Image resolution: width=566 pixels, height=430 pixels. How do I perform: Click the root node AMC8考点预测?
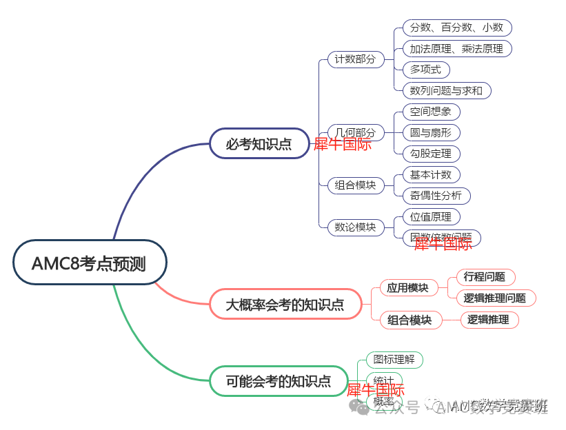click(90, 262)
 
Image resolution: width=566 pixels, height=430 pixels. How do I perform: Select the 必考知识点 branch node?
click(259, 143)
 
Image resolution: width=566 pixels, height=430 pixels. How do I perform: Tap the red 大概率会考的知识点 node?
click(285, 304)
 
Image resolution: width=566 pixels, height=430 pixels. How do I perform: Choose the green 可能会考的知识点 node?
click(279, 380)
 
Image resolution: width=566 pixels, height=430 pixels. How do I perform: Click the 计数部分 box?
click(355, 59)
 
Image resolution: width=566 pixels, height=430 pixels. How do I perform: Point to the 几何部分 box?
click(355, 132)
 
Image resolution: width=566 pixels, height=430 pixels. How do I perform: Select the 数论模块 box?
click(355, 227)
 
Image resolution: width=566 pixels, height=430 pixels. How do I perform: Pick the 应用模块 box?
click(407, 287)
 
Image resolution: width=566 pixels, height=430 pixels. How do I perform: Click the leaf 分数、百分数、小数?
click(456, 28)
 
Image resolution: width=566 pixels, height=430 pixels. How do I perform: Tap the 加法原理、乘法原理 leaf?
click(456, 48)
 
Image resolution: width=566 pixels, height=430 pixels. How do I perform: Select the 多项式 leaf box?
click(425, 69)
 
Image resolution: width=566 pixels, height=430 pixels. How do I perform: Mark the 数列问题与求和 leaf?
click(446, 90)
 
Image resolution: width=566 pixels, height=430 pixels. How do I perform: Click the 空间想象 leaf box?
click(431, 112)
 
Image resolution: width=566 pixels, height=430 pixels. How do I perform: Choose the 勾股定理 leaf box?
click(431, 154)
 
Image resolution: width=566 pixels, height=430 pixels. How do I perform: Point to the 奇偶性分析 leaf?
click(436, 195)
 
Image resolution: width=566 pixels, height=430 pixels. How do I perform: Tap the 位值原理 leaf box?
click(431, 216)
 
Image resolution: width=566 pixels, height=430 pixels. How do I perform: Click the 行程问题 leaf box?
click(485, 277)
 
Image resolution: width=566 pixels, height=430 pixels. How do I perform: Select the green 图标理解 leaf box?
click(394, 359)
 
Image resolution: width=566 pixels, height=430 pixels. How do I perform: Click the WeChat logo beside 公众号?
click(359, 407)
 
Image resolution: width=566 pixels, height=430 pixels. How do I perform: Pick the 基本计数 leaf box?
click(431, 174)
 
